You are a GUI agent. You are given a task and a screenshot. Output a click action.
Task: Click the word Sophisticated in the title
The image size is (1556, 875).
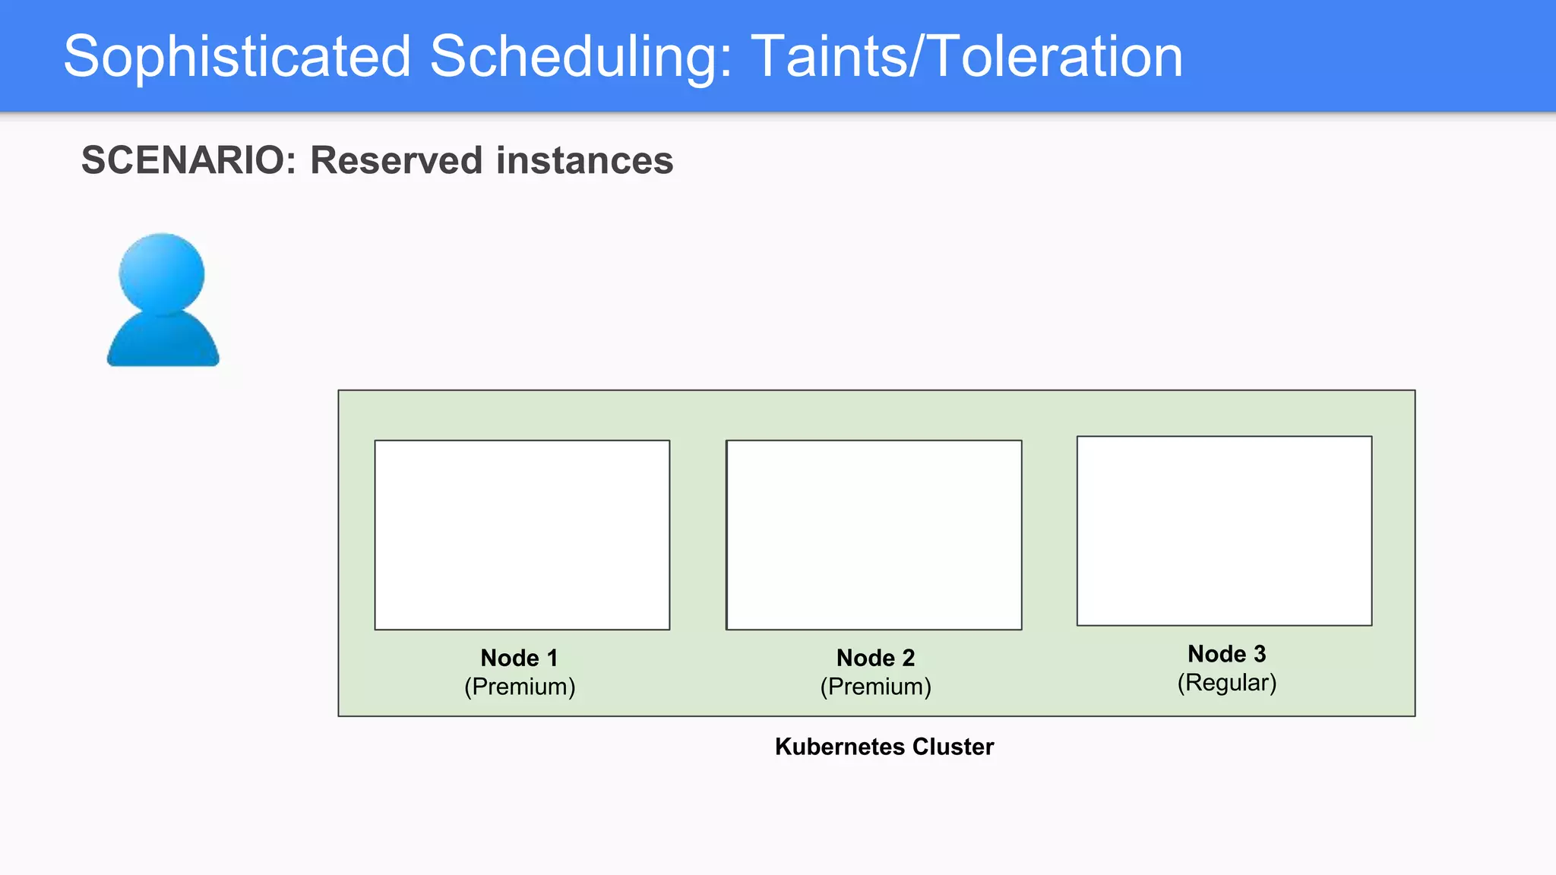pyautogui.click(x=237, y=57)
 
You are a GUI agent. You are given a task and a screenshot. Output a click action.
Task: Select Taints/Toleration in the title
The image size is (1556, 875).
pyautogui.click(x=966, y=57)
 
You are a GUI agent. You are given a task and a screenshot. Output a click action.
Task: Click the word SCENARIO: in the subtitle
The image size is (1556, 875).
pyautogui.click(x=188, y=161)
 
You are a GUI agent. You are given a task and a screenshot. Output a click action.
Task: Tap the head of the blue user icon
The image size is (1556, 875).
pyautogui.click(x=162, y=272)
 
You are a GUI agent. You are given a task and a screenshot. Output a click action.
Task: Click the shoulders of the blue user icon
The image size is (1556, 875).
pyautogui.click(x=163, y=342)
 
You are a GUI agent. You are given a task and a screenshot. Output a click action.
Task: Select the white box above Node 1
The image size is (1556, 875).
pyautogui.click(x=522, y=535)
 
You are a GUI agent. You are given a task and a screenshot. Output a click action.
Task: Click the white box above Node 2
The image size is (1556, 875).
pyautogui.click(x=874, y=535)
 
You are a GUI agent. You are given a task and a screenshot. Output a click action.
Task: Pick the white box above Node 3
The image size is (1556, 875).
pyautogui.click(x=1224, y=531)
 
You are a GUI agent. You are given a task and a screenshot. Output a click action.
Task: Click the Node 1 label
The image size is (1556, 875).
pyautogui.click(x=519, y=658)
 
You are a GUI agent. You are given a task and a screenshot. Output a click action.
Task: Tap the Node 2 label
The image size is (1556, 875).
pyautogui.click(x=875, y=658)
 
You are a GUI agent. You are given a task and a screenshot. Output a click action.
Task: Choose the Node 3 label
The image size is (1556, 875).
pyautogui.click(x=1226, y=654)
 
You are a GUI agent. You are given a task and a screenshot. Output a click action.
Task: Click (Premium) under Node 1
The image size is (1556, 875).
pyautogui.click(x=520, y=687)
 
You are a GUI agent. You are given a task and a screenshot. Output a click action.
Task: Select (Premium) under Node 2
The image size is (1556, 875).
pyautogui.click(x=875, y=687)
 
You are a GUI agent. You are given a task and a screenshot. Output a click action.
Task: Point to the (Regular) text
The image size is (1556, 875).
pyautogui.click(x=1226, y=683)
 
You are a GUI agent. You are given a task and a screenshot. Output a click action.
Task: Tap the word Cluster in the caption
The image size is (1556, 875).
pyautogui.click(x=953, y=747)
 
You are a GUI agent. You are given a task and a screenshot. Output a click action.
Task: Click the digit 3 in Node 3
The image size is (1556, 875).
pyautogui.click(x=1260, y=654)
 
